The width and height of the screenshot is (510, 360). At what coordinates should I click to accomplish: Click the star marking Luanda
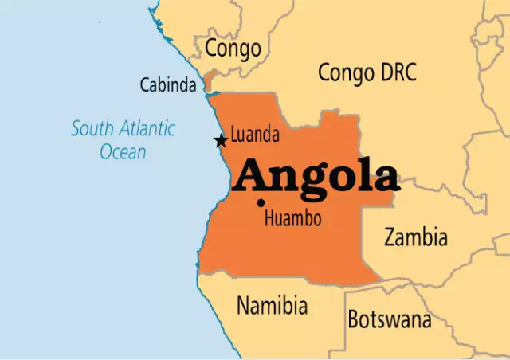click(x=221, y=141)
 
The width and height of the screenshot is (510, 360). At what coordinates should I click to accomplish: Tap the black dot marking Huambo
click(x=261, y=202)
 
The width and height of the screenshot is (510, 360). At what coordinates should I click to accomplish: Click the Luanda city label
click(x=255, y=135)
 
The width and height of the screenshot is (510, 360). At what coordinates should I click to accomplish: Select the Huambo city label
click(x=293, y=217)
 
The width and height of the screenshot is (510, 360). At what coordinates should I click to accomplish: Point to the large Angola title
click(x=316, y=178)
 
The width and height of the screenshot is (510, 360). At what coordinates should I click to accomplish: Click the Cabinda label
click(x=168, y=84)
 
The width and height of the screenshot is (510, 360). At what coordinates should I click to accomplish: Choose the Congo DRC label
click(x=367, y=72)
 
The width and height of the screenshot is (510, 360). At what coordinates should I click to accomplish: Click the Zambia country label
click(x=415, y=237)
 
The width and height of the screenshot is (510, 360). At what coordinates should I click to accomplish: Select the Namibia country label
click(x=272, y=305)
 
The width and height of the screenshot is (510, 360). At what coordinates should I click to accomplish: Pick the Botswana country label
click(x=389, y=320)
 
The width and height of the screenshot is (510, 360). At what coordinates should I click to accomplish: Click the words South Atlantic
click(x=123, y=128)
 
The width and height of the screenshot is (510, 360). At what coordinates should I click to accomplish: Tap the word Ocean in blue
click(x=123, y=151)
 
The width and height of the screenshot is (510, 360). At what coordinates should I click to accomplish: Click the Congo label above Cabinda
click(x=233, y=49)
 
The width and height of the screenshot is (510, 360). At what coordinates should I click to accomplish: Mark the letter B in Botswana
click(x=354, y=320)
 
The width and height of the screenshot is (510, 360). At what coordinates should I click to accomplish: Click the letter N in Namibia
click(x=243, y=305)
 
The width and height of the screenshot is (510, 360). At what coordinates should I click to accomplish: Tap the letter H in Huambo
click(x=269, y=217)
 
